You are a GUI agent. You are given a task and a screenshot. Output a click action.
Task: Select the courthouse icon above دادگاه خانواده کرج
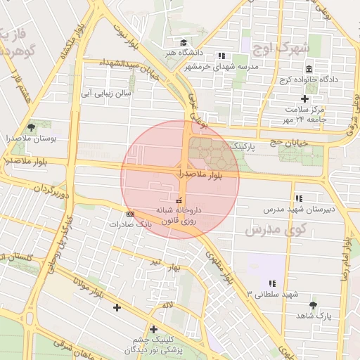[309, 68]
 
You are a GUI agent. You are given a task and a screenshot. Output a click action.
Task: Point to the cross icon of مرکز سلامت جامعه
[304, 98]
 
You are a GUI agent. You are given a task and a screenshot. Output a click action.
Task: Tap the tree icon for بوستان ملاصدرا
[31, 127]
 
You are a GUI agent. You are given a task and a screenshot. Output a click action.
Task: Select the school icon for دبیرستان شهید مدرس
[299, 198]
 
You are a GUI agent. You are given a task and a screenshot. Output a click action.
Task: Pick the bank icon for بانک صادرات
[129, 213]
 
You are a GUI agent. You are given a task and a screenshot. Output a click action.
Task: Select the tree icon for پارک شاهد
[313, 305]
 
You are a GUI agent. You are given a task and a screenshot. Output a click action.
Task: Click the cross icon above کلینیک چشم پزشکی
[153, 328]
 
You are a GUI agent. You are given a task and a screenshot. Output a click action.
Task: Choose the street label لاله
[167, 304]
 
